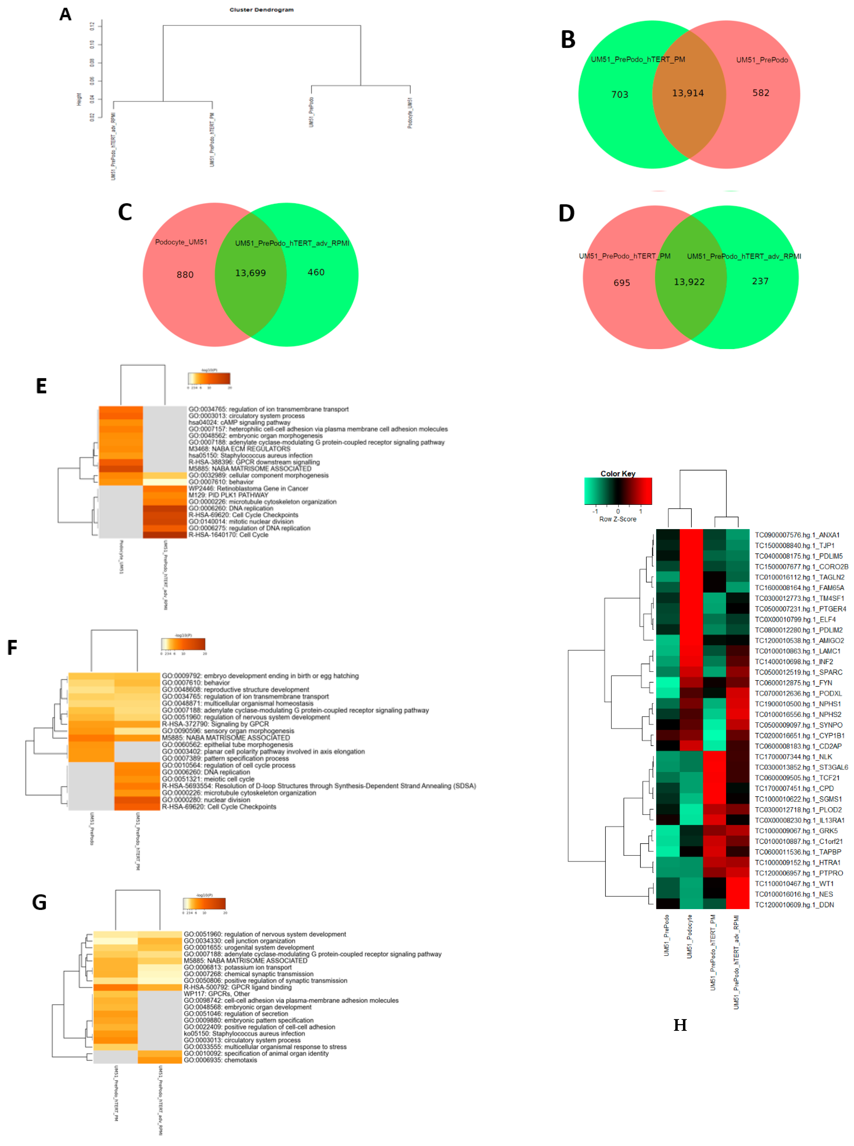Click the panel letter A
click(x=65, y=15)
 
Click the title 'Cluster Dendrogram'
click(x=261, y=10)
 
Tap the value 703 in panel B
click(x=620, y=94)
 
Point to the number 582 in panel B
click(x=761, y=93)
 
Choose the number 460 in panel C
click(x=316, y=272)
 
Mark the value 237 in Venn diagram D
click(x=760, y=281)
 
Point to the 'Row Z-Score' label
click(x=618, y=519)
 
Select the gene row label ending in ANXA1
click(x=797, y=535)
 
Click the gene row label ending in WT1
click(x=794, y=884)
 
